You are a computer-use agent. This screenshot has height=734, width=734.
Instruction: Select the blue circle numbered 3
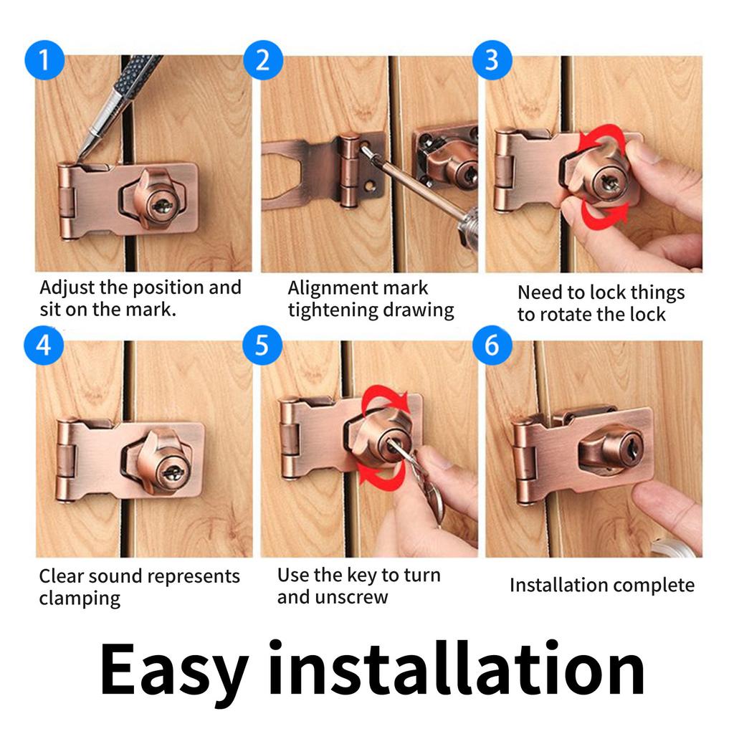click(x=491, y=59)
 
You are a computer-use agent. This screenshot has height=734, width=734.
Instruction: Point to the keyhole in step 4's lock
click(x=172, y=472)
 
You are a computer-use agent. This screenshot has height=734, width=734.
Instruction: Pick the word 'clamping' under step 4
click(x=80, y=599)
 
